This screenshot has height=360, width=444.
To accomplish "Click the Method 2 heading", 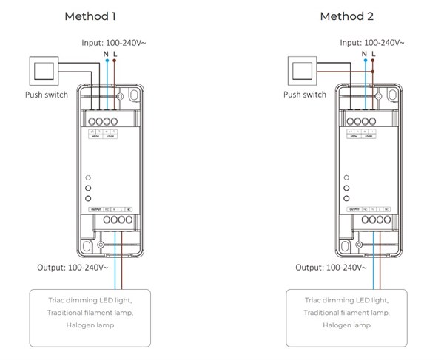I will pyautogui.click(x=346, y=16).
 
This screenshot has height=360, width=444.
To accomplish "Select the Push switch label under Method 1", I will pyautogui.click(x=47, y=95).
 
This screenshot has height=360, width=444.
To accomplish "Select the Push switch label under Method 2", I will pyautogui.click(x=305, y=95).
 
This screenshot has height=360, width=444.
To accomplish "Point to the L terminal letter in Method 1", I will pyautogui.click(x=115, y=54).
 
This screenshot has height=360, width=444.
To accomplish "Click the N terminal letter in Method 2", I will pyautogui.click(x=364, y=54).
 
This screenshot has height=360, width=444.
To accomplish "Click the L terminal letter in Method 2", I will pyautogui.click(x=373, y=54).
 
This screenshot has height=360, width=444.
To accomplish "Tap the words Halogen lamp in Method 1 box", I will pyautogui.click(x=90, y=325).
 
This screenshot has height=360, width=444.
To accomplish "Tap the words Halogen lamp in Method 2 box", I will pyautogui.click(x=347, y=325).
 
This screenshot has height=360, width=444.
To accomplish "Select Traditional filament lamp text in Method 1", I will pyautogui.click(x=90, y=313).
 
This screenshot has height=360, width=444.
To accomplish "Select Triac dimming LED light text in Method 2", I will pyautogui.click(x=347, y=300).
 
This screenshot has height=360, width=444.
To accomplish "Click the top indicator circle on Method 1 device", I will pyautogui.click(x=88, y=178).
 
